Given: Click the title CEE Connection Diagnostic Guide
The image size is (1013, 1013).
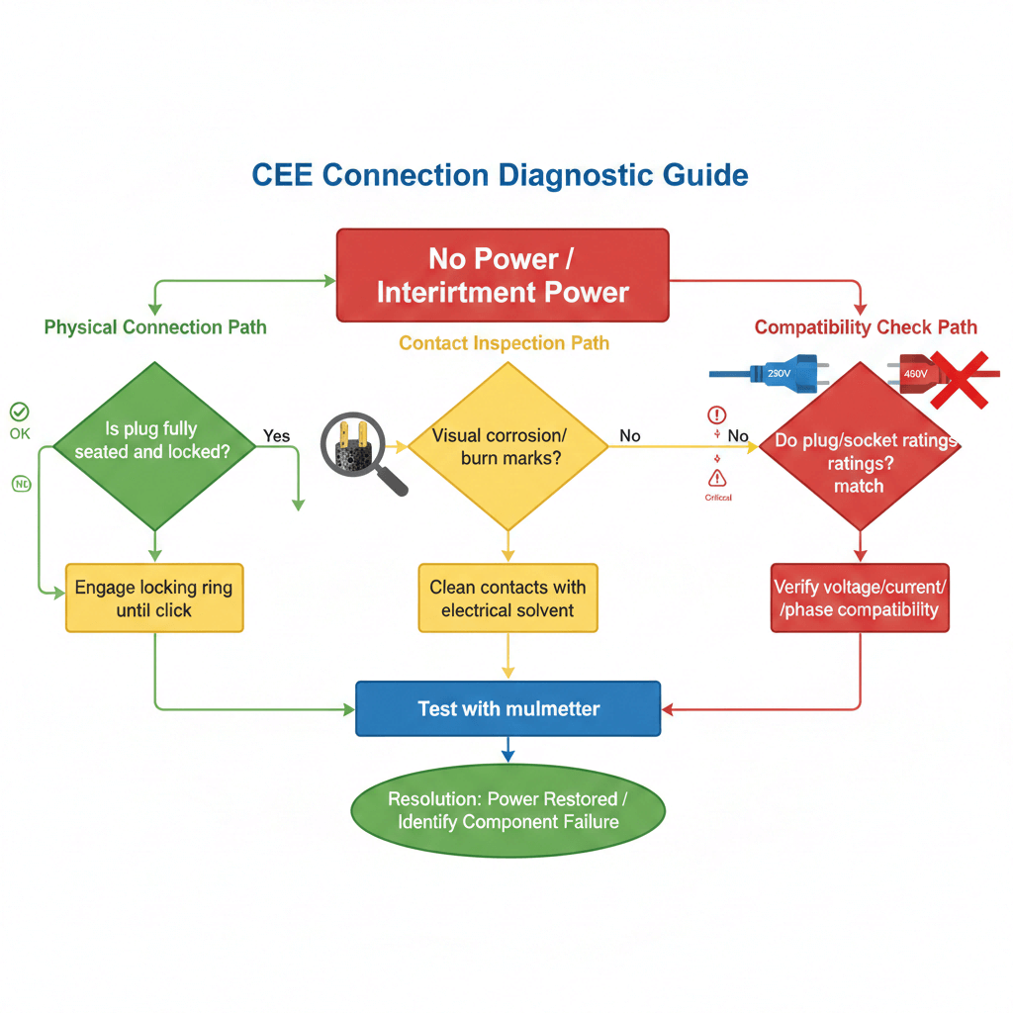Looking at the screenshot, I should pos(500,175).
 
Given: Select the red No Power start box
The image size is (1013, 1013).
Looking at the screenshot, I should pos(503,275).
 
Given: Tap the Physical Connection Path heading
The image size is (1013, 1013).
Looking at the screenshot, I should pos(155,327).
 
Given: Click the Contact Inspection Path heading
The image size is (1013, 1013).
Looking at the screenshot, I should pos(504,343).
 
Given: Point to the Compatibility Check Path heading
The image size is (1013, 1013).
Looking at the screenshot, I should pos(866,327).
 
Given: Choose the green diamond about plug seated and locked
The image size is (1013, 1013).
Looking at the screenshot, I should pos(153,446).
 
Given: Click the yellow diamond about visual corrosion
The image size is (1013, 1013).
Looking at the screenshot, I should pos(507,446).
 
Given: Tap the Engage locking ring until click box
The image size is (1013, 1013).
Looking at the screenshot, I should pos(153,599).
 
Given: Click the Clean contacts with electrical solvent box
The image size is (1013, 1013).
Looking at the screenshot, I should pos(507,599).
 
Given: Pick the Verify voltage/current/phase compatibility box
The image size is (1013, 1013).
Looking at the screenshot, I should pos(859,599).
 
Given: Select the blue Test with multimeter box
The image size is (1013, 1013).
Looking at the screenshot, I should pos(507,708).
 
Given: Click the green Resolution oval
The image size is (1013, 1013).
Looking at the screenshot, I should pos(507,810).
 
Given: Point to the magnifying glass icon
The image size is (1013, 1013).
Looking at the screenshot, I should pos(362,450).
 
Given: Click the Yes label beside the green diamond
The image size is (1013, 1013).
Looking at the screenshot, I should pos(276,436).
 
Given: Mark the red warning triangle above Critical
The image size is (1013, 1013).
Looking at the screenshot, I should pos(717,478).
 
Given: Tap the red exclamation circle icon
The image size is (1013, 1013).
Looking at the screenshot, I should pos(717,415).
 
